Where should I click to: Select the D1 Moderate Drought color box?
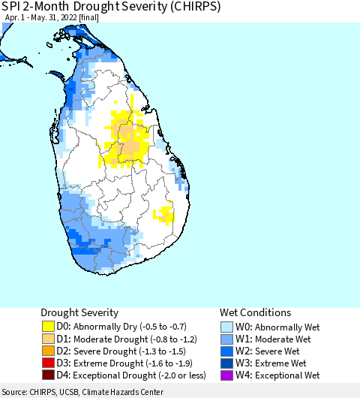click(48, 339)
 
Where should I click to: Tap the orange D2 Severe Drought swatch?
click(48, 351)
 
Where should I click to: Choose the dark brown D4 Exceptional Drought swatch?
click(48, 375)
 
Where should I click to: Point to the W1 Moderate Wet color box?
click(227, 339)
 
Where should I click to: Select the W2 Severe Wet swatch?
click(227, 351)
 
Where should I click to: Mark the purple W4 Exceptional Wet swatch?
click(227, 375)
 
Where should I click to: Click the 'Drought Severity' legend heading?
click(79, 312)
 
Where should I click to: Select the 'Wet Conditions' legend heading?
click(255, 312)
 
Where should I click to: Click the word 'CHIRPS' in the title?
click(168, 7)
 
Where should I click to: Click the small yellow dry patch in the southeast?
click(163, 216)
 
